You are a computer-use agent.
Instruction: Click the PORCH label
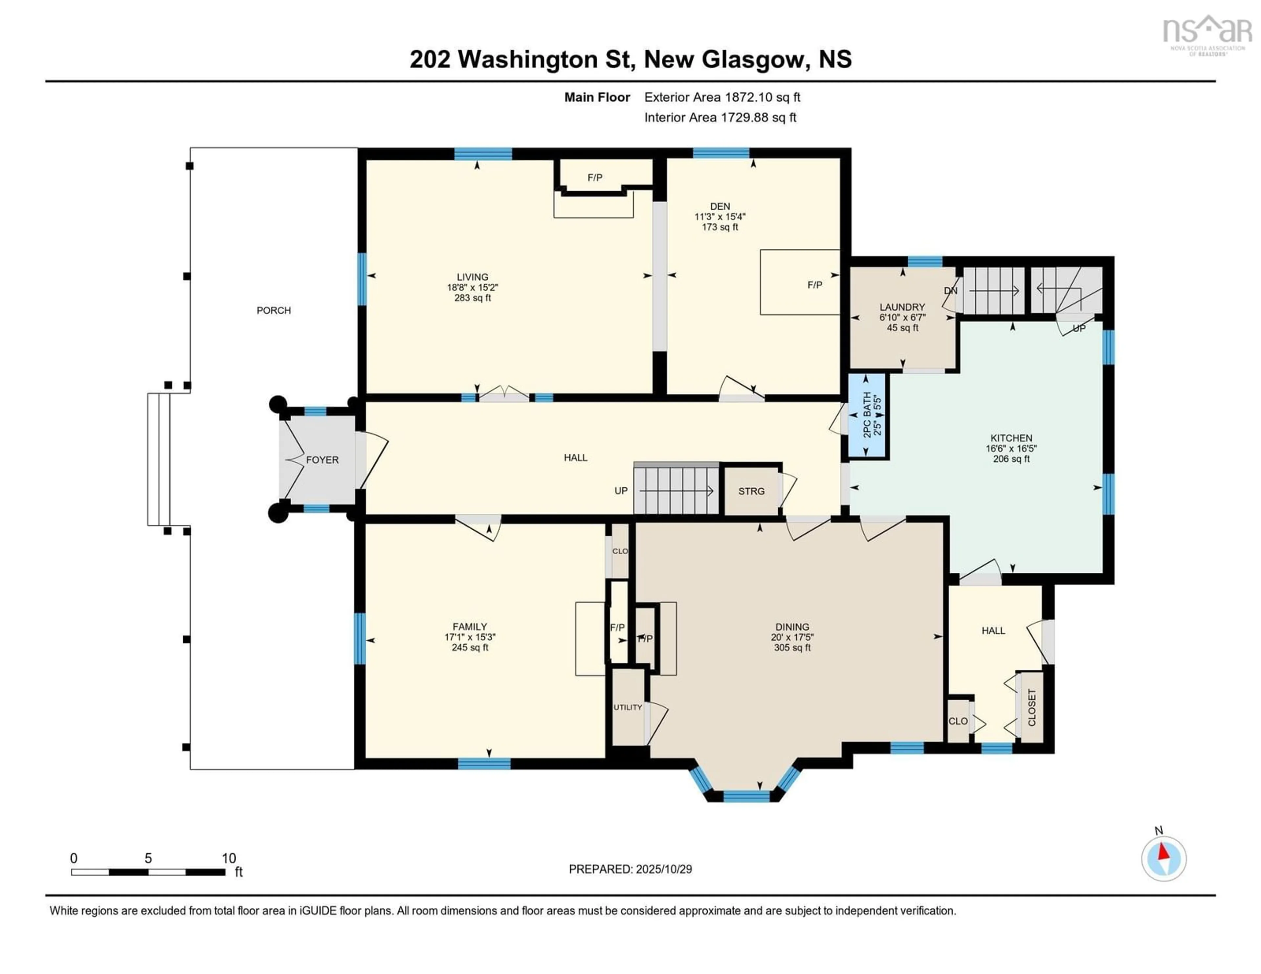click(x=274, y=311)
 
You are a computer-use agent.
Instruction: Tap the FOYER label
click(x=322, y=460)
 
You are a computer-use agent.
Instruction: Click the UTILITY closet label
click(x=628, y=707)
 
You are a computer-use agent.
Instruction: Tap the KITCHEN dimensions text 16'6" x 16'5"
click(x=1011, y=449)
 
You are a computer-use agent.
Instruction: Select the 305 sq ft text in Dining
click(x=792, y=648)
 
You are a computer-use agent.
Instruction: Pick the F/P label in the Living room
click(x=595, y=178)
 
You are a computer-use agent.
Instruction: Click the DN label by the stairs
click(x=950, y=291)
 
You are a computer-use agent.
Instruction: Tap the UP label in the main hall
click(x=621, y=491)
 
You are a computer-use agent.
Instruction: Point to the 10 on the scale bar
click(x=229, y=858)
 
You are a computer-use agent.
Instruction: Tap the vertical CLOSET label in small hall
click(x=1032, y=707)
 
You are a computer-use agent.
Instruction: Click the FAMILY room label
click(x=469, y=627)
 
